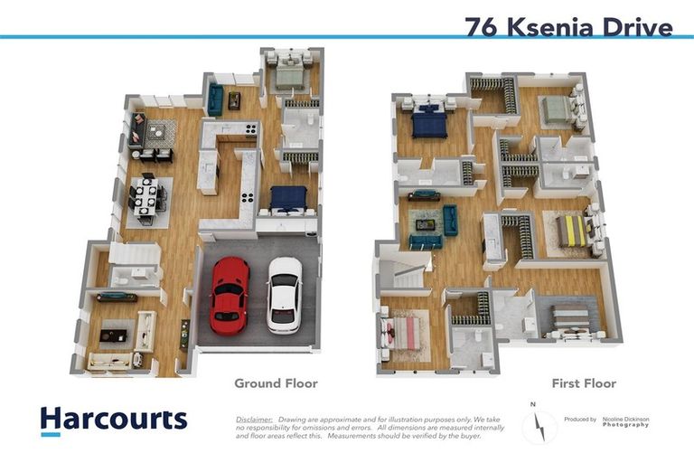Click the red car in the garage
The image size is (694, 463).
(x=229, y=294)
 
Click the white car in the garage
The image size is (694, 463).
(x=285, y=294)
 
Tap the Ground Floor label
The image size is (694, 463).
(x=276, y=383)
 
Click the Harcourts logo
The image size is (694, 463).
(x=114, y=420)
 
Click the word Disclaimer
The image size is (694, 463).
(x=254, y=420)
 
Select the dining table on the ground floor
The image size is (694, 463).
(x=146, y=196)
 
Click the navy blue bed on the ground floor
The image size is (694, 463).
(x=288, y=199)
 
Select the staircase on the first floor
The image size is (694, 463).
(x=404, y=271)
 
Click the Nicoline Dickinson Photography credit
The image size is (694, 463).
(x=632, y=421)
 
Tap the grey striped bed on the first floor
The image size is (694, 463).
(x=569, y=319)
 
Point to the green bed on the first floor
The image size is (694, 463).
(x=556, y=110)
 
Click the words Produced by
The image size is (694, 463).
(x=579, y=420)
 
